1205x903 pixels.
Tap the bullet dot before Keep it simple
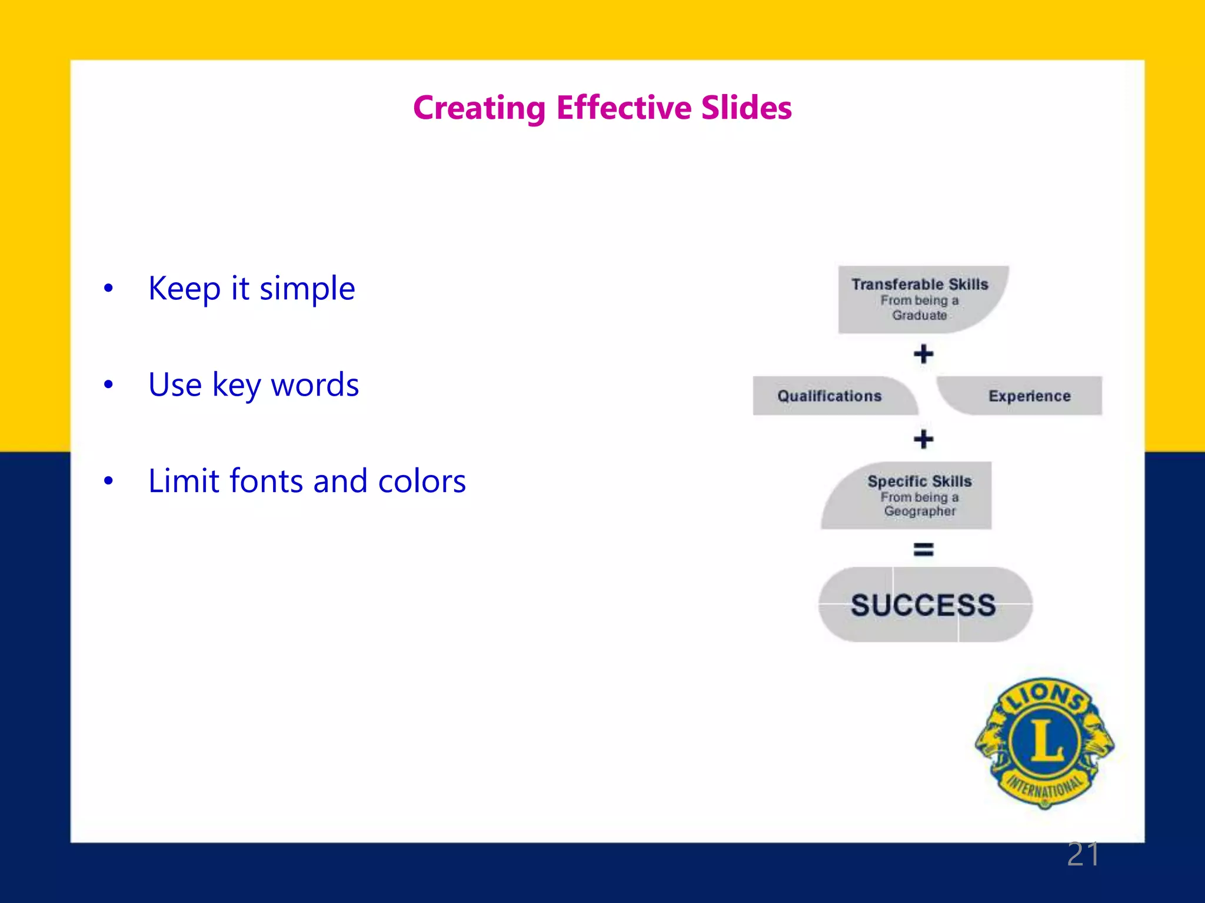[108, 288]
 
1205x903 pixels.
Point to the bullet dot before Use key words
[108, 384]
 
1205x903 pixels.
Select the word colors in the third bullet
[421, 481]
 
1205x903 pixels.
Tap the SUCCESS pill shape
[924, 604]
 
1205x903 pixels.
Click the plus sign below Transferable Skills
[923, 354]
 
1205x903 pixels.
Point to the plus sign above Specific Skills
[923, 439]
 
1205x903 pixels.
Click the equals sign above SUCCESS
[923, 549]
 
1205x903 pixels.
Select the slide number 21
[1083, 854]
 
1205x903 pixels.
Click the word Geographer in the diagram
[920, 511]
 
